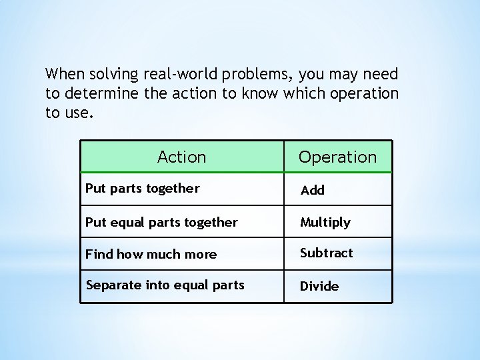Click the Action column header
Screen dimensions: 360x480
point(181,157)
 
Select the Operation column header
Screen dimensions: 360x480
point(337,157)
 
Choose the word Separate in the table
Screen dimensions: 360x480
point(111,285)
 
